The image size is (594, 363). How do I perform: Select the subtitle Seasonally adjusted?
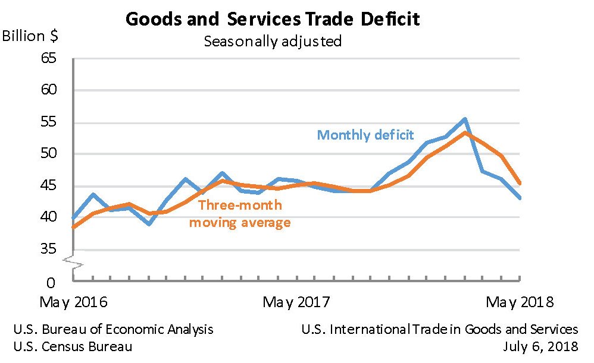click(x=273, y=41)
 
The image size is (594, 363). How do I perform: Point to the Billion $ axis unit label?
click(x=30, y=36)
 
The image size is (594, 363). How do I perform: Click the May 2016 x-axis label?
click(x=73, y=302)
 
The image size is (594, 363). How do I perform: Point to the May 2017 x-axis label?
click(x=296, y=302)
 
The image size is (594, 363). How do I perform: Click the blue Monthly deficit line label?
click(x=365, y=135)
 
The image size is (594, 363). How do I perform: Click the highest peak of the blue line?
click(x=464, y=119)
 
